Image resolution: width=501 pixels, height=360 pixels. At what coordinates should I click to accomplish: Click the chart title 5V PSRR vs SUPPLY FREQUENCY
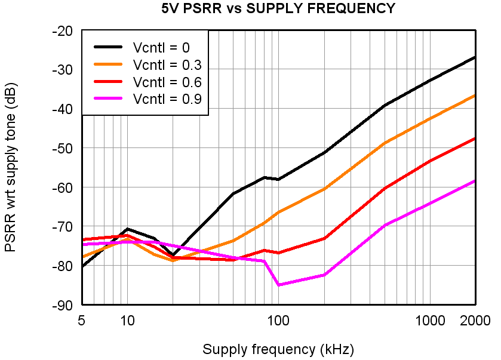point(278,8)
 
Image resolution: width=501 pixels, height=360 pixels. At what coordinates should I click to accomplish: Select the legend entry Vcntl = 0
point(162,48)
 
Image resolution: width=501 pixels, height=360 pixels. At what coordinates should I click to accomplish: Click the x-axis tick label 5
point(81,321)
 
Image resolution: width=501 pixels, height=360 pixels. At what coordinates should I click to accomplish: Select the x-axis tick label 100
point(278,321)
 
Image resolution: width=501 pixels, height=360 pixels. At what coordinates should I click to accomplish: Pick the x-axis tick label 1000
point(429,321)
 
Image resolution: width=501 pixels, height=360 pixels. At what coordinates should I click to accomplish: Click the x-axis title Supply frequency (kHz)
point(278,349)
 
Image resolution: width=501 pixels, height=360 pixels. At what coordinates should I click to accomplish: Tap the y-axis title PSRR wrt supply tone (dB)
point(11,167)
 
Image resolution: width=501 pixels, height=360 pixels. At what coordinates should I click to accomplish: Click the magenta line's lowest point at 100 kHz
point(278,285)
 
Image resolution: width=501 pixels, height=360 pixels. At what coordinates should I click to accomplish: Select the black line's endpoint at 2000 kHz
point(475,57)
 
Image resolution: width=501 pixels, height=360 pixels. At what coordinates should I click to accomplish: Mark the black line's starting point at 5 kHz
point(82,266)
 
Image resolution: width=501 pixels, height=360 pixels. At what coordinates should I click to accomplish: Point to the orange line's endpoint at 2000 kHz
point(475,96)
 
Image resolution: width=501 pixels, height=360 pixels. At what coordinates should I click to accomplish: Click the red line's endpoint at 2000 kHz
point(475,139)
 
